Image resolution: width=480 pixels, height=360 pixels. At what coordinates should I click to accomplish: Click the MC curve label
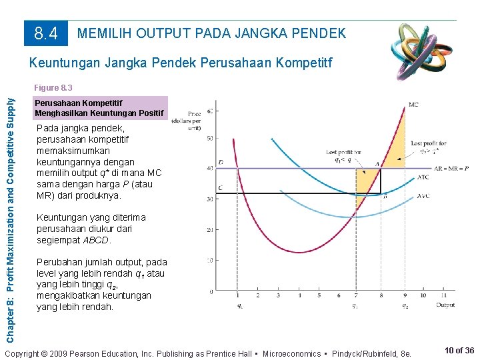coord(413,105)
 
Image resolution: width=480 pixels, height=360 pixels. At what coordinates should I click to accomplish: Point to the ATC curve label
coord(423,177)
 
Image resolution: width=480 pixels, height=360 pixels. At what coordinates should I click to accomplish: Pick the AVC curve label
coord(423,196)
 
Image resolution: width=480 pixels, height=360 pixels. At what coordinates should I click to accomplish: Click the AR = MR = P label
coord(451,169)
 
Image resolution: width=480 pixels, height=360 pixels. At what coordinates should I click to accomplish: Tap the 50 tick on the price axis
coord(211,138)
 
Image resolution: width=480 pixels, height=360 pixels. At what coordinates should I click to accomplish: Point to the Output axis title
coord(445,305)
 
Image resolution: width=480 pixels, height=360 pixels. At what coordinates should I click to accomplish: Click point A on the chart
coord(377,164)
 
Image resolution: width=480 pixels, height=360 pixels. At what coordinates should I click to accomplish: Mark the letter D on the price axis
coord(221,163)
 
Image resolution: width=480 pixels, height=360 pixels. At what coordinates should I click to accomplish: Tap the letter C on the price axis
coord(221,189)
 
